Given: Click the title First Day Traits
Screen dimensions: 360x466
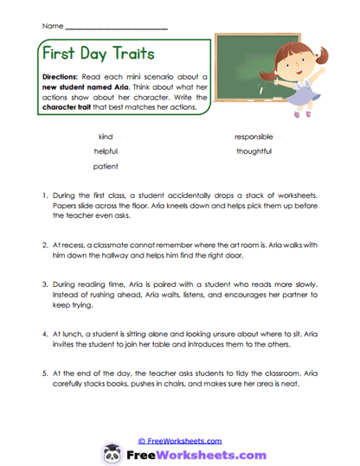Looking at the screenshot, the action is tap(99, 54).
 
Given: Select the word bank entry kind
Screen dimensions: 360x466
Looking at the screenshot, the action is tap(106, 137).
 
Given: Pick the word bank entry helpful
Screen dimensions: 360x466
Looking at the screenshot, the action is tap(106, 151).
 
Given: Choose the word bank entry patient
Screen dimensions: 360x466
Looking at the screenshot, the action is tap(106, 166).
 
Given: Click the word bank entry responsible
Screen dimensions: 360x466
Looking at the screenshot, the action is tap(254, 137).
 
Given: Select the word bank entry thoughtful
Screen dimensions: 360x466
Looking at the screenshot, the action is tap(254, 151).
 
